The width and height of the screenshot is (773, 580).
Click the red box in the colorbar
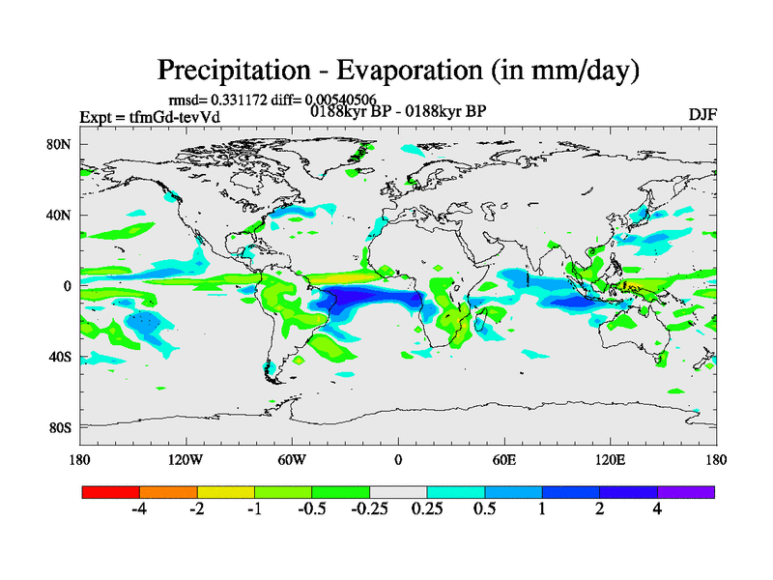pyautogui.click(x=111, y=492)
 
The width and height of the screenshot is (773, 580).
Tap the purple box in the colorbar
pyautogui.click(x=686, y=492)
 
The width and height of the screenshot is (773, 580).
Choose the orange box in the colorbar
pyautogui.click(x=168, y=492)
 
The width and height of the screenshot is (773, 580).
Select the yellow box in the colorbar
pyautogui.click(x=226, y=492)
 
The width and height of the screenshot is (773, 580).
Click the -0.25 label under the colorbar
pyautogui.click(x=369, y=510)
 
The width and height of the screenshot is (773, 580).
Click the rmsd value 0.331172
pyautogui.click(x=242, y=100)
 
